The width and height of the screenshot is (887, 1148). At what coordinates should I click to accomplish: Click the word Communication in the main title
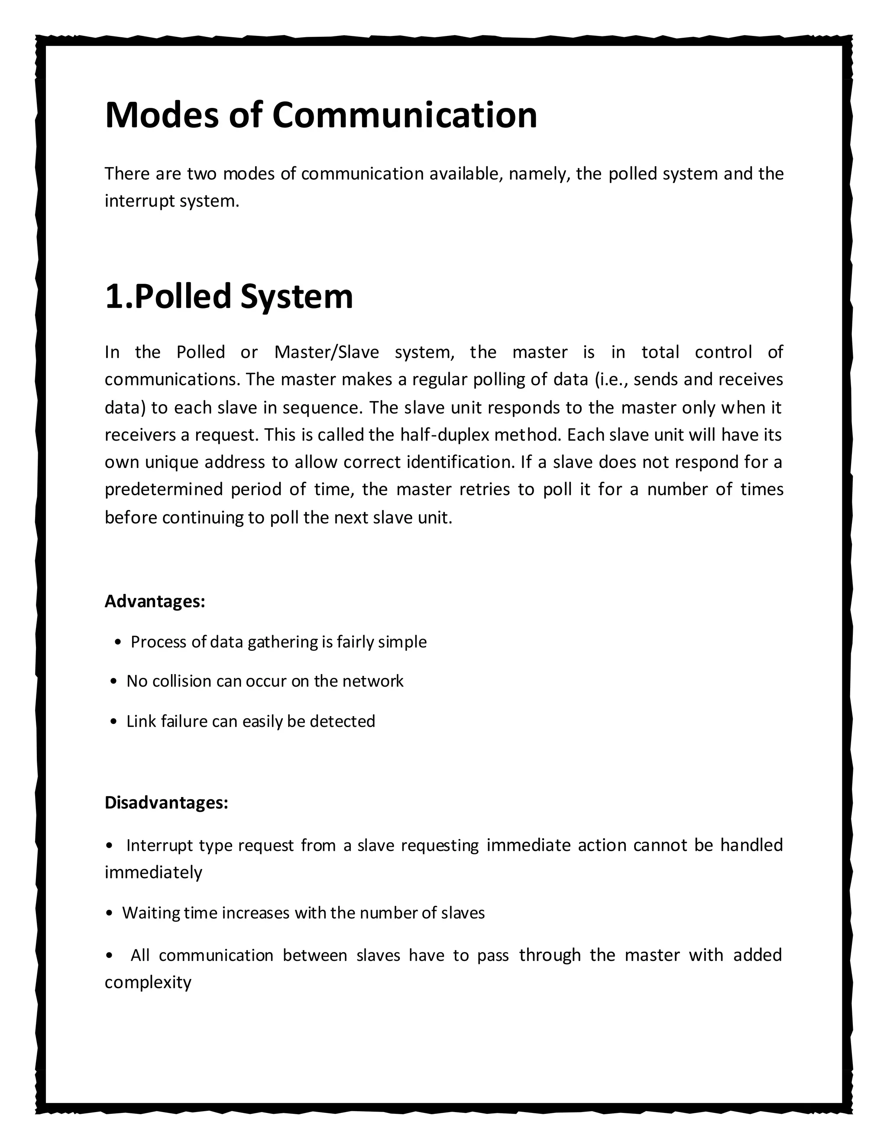pos(404,115)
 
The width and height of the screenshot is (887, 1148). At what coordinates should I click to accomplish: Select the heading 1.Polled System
pos(229,296)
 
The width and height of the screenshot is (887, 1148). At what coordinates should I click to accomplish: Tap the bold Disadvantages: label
pos(166,803)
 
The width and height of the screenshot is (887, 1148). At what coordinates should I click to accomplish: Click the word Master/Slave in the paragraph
pos(326,352)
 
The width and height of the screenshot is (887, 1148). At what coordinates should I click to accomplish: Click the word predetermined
pos(164,490)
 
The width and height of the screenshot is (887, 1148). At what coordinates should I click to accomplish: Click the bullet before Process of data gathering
pos(118,642)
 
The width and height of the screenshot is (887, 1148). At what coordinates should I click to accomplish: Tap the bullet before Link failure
pos(114,722)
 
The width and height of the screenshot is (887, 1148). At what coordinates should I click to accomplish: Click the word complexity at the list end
pos(148,983)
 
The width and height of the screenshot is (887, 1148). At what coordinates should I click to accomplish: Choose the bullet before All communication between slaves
pos(109,955)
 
